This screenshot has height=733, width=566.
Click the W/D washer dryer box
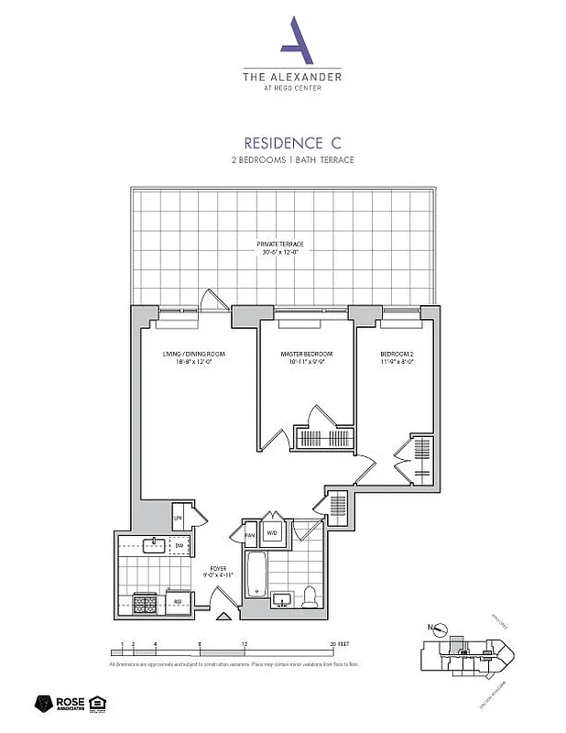271,532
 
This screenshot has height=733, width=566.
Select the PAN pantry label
249,533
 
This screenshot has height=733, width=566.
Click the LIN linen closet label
180,519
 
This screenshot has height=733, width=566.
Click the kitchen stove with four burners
145,603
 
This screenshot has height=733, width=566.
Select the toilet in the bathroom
310,596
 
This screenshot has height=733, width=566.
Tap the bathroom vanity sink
282,599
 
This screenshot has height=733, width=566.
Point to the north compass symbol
441,630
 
